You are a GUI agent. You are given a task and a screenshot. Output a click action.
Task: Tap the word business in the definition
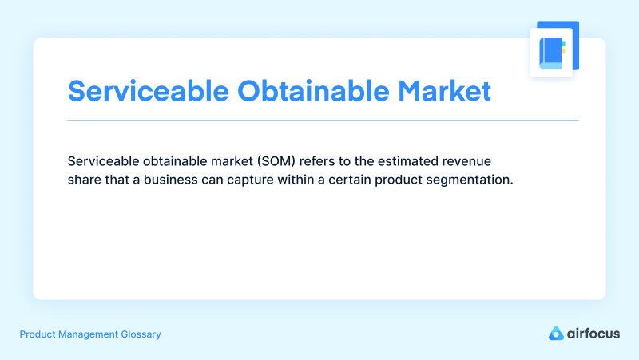pos(173,180)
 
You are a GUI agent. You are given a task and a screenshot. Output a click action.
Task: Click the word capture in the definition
pos(259,180)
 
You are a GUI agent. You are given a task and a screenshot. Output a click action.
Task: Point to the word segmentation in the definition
pos(474,180)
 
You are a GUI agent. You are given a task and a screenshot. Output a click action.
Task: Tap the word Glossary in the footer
pos(139,334)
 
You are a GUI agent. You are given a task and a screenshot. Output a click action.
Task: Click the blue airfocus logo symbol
pos(556,334)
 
